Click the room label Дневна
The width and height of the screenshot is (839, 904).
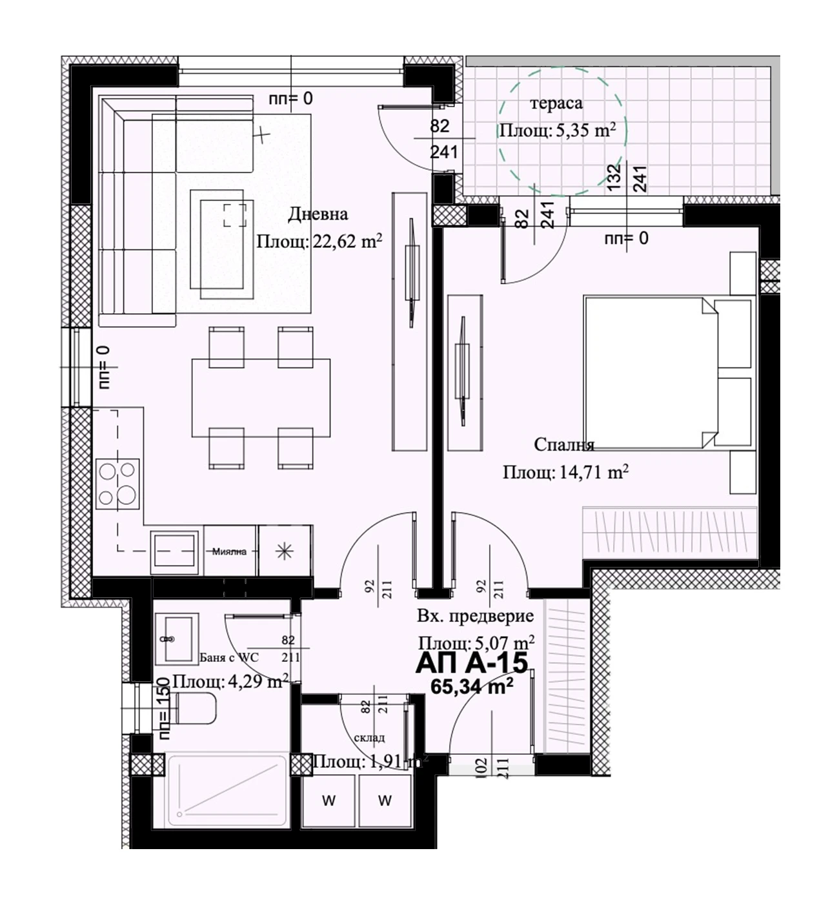[318, 214]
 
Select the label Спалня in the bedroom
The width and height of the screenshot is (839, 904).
[564, 445]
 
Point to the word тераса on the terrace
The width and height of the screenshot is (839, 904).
[556, 103]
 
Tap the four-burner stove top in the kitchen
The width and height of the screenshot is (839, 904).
[117, 484]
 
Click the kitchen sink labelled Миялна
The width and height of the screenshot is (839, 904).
[175, 551]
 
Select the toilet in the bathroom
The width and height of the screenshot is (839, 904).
[195, 708]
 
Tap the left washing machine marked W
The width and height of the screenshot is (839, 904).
[329, 801]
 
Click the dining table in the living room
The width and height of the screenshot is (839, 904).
[261, 398]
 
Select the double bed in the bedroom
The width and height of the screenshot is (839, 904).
[667, 373]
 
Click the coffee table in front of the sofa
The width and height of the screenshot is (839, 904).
[222, 244]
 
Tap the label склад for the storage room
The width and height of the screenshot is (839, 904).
[369, 737]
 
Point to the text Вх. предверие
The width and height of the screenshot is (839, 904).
[476, 617]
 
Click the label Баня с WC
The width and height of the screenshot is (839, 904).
[229, 657]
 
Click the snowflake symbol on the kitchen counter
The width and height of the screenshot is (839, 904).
[285, 551]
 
